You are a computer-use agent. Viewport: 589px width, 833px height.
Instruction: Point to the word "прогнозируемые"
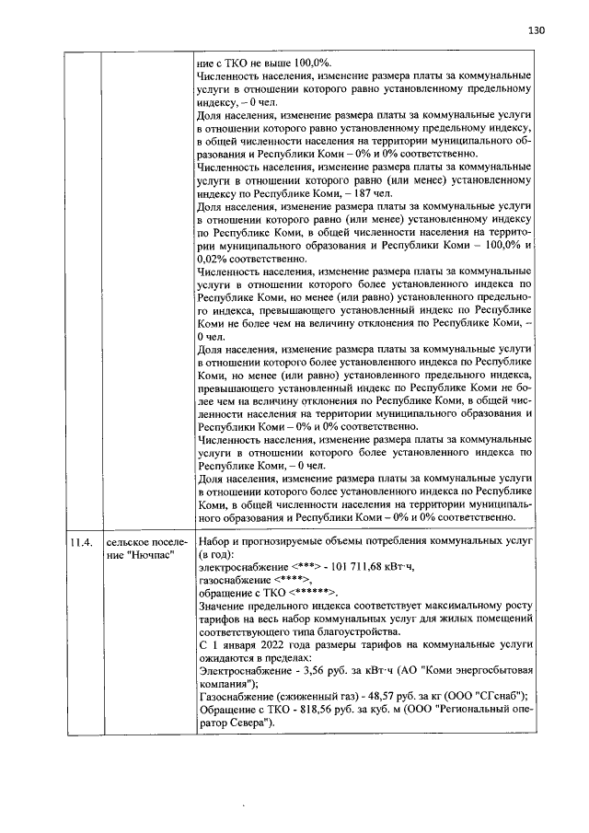[x=293, y=542]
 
